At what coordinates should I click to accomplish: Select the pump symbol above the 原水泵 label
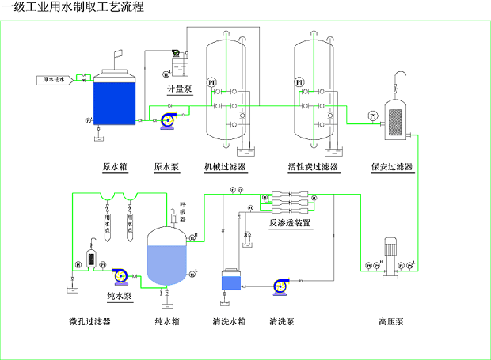click(x=167, y=120)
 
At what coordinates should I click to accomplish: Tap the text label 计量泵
click(x=180, y=89)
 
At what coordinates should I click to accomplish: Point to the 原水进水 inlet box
click(x=55, y=79)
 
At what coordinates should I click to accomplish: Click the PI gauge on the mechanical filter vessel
click(x=211, y=83)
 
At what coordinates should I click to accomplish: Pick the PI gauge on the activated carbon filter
click(x=299, y=83)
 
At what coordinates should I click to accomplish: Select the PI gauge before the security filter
click(x=372, y=116)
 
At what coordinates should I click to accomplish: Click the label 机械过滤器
click(x=225, y=167)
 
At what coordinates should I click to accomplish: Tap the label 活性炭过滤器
click(x=314, y=167)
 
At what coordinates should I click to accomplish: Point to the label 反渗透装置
click(x=290, y=224)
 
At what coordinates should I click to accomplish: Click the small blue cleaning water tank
click(x=232, y=281)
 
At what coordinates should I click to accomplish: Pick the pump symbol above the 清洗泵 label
click(x=281, y=286)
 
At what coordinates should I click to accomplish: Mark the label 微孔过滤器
click(x=90, y=322)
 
